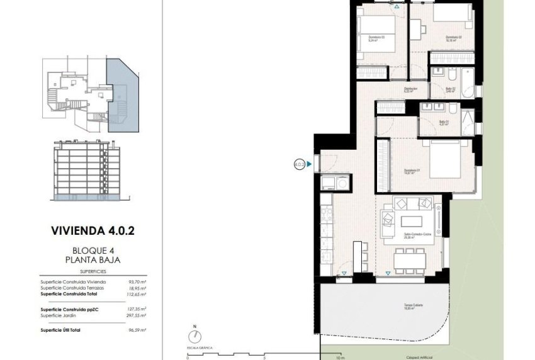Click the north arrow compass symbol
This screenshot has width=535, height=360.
196,338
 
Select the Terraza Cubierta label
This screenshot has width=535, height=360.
414,306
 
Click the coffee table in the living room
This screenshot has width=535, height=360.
413,221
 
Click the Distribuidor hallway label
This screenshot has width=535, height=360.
411,89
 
